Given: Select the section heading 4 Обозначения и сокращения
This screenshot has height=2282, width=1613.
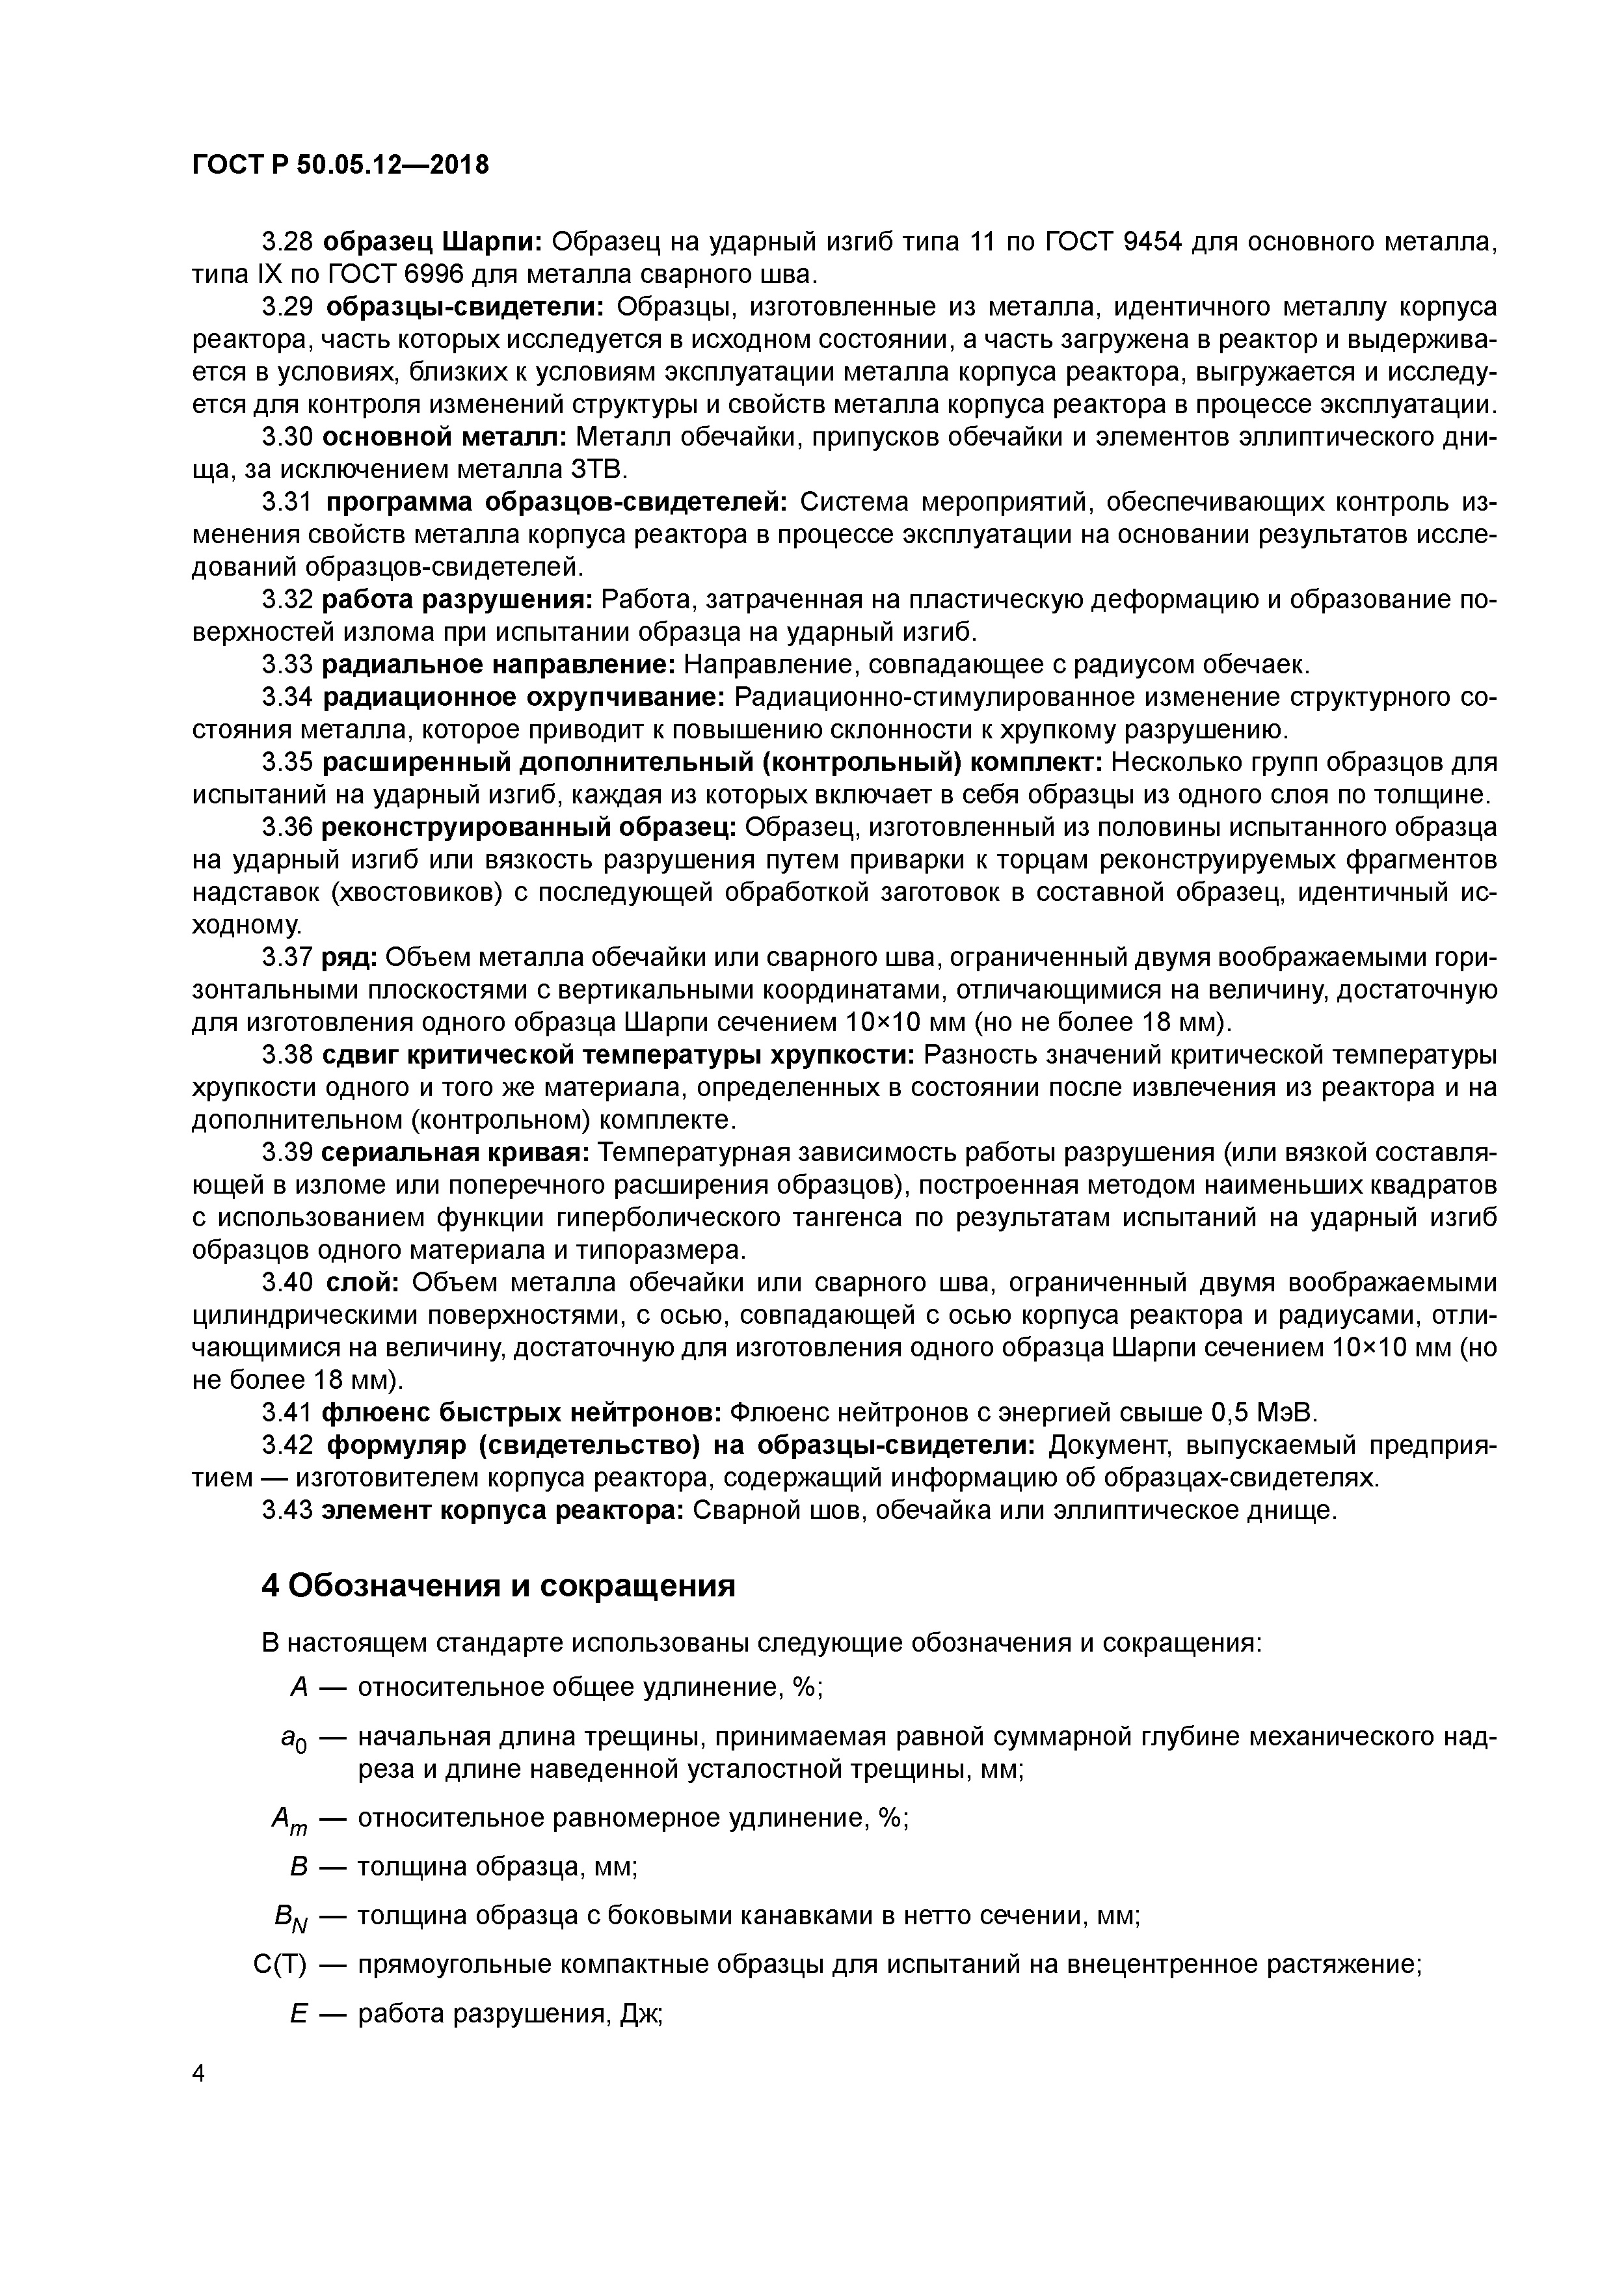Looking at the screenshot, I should [498, 1585].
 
